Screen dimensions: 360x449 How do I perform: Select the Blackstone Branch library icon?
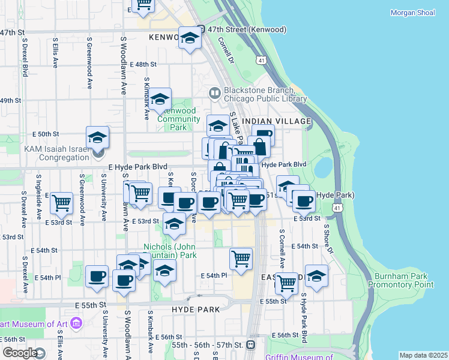point(214,92)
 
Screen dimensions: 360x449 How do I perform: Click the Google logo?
point(19,353)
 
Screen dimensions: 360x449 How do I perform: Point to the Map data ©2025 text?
point(423,355)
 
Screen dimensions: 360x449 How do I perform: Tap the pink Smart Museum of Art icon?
point(76,325)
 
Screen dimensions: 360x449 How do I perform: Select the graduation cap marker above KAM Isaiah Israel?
point(97,137)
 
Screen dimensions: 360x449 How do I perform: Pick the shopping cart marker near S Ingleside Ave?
point(61,203)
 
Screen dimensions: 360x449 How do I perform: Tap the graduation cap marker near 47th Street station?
point(190,38)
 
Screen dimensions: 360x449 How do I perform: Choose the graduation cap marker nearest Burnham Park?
point(316,276)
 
